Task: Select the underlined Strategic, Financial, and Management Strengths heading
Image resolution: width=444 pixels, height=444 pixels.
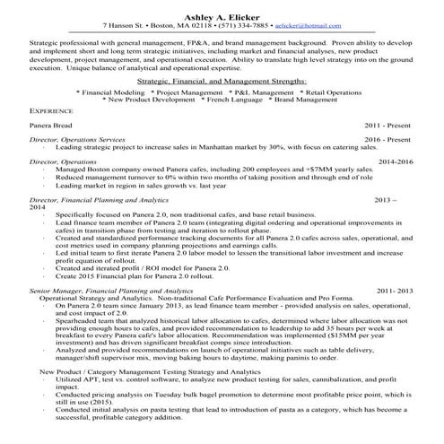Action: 222,81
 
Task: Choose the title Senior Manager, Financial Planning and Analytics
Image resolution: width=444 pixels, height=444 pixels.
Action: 110,292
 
